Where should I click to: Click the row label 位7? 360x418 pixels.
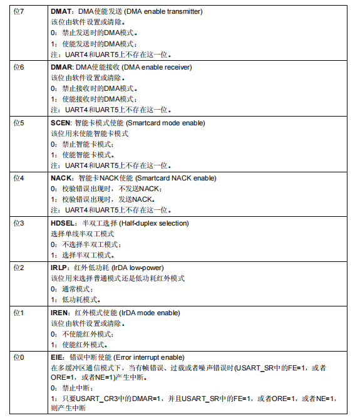point(19,12)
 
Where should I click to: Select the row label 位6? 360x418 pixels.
point(19,67)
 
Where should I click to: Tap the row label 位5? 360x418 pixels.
point(19,123)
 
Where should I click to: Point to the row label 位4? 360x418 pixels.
point(19,178)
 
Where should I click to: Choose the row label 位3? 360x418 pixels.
point(19,223)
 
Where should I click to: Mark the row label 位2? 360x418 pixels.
point(19,268)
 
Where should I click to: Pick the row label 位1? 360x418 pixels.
point(19,312)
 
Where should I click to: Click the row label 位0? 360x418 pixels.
point(19,357)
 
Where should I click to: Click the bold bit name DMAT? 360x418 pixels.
point(61,12)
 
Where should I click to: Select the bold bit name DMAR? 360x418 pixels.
point(61,67)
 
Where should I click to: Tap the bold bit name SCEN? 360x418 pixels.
point(61,123)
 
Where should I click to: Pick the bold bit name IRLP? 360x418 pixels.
point(60,268)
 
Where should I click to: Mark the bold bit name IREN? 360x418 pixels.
point(61,312)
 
